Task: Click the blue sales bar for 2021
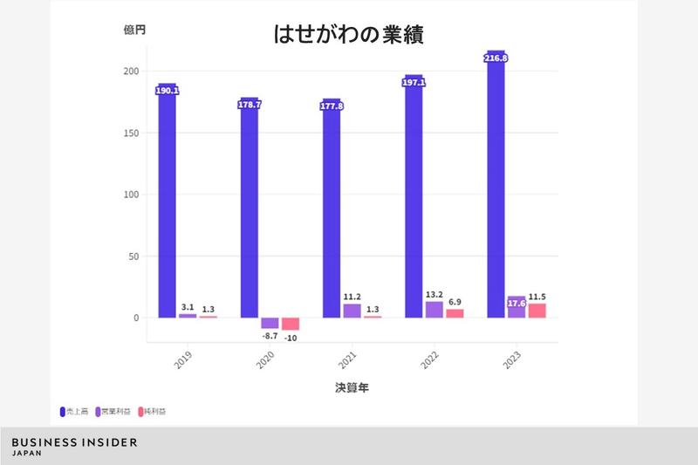[x=332, y=209]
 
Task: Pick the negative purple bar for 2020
[x=270, y=323]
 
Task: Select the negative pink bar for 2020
[x=291, y=324]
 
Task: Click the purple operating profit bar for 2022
[x=435, y=310]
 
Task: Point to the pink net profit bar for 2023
[x=537, y=311]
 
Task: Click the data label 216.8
[x=496, y=58]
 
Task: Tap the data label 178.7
[x=250, y=105]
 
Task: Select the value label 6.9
[x=455, y=301]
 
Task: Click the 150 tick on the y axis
[x=127, y=133]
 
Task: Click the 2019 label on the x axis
[x=181, y=359]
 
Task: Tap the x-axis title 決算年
[x=351, y=386]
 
